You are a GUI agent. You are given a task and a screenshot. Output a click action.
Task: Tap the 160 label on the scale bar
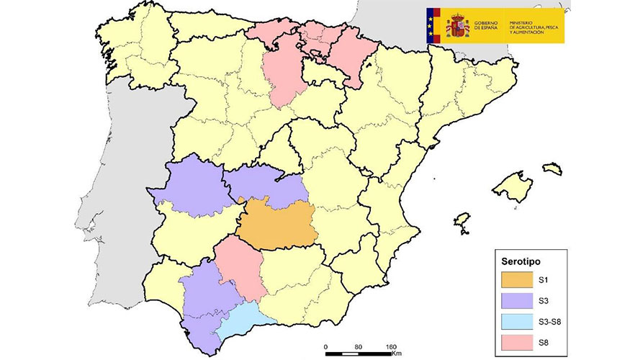(392, 346)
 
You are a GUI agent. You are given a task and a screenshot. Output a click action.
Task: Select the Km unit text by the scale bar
(396, 354)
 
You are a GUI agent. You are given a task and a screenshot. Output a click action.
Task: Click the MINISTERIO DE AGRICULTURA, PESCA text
(536, 27)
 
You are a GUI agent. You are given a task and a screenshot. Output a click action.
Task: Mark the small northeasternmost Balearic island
(552, 168)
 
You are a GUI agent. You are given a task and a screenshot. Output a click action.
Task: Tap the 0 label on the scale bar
(326, 346)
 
